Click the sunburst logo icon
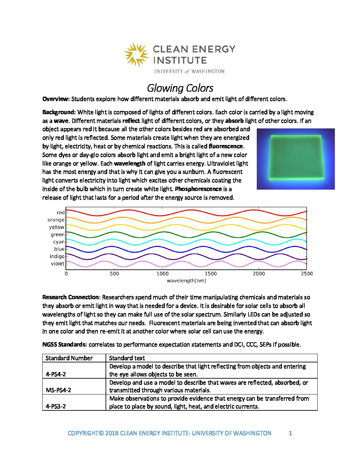point(136,55)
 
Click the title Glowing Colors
point(180,88)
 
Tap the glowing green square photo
point(295,159)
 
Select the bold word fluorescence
point(226,146)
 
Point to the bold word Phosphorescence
point(198,189)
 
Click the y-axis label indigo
point(57,256)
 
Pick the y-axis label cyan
point(59,242)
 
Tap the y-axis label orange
point(56,220)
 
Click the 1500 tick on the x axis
point(210,274)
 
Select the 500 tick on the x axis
point(114,274)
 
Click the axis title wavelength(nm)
point(186,281)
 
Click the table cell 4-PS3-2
point(56,406)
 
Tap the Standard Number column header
point(69,358)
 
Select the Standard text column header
point(127,358)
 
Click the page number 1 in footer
point(290,433)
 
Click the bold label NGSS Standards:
point(65,345)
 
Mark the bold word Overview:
point(56,99)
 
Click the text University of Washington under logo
point(189,71)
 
